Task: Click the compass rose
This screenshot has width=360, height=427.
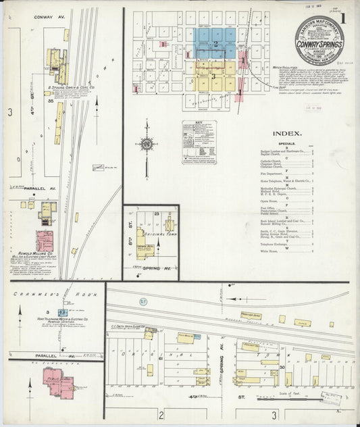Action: [146, 143]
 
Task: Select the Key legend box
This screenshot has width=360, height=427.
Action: [199, 142]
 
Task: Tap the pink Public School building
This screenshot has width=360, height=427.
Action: [59, 386]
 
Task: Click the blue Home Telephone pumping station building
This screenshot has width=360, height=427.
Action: [61, 313]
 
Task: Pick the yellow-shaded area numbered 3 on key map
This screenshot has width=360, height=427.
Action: [215, 76]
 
